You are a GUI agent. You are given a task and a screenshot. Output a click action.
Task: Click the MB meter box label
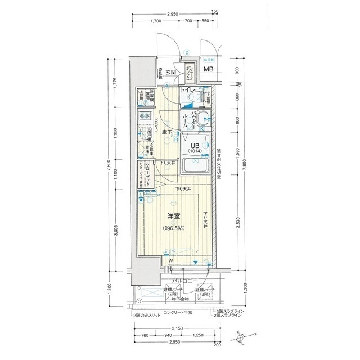coord(208,70)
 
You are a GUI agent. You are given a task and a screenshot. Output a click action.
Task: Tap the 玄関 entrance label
coord(172,72)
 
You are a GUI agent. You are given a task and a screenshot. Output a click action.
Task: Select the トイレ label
coord(187,89)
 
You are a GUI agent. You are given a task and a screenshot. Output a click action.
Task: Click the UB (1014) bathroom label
coord(194,147)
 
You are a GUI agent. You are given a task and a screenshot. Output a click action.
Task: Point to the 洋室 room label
coord(173,217)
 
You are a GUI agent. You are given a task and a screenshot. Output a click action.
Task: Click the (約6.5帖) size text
coord(173,228)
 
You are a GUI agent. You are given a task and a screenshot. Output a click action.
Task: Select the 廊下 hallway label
coord(167,133)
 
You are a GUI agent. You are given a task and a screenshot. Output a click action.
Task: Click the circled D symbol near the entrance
coord(186,53)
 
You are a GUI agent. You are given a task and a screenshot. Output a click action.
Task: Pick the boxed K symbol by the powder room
coord(202,128)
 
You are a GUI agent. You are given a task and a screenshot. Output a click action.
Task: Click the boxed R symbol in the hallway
coord(176,139)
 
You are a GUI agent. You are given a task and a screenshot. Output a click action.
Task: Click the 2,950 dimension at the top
coord(172,13)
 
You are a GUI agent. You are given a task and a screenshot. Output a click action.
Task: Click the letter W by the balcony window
coord(169,261)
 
